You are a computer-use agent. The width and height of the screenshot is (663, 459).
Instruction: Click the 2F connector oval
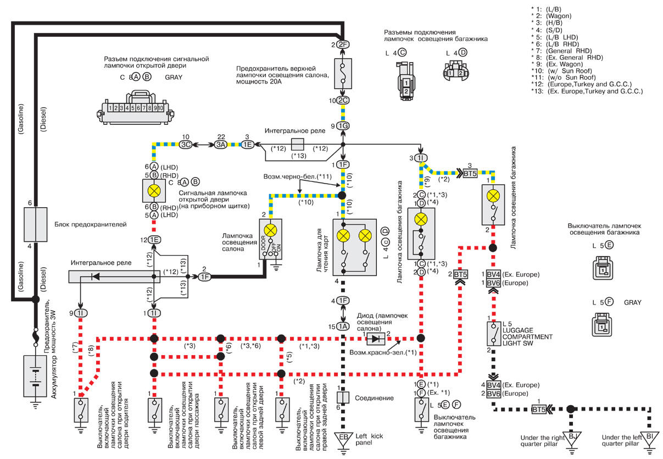click(343, 45)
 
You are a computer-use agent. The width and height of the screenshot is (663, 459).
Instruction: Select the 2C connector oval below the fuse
click(343, 101)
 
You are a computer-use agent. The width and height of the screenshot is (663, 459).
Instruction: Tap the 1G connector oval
click(343, 126)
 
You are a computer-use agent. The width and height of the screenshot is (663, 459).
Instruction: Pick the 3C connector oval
click(186, 145)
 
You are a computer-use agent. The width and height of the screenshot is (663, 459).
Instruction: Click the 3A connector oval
click(221, 145)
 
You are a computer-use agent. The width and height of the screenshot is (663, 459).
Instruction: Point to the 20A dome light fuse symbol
click(343, 74)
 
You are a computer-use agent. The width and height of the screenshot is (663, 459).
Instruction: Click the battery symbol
click(35, 376)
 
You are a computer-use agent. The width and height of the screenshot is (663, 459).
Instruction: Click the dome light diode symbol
click(376, 339)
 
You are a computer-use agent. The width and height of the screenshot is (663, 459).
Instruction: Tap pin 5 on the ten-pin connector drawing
click(133, 108)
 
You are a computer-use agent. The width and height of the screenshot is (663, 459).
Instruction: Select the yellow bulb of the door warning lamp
click(154, 191)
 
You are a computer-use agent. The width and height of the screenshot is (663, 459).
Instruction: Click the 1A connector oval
click(343, 327)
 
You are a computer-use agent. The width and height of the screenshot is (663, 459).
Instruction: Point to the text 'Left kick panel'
click(369, 439)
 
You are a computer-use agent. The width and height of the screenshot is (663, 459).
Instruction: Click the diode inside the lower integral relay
click(95, 276)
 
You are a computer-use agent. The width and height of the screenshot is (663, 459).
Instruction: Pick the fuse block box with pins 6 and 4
click(35, 224)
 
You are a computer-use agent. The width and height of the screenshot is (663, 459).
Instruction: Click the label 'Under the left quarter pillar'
click(621, 440)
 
